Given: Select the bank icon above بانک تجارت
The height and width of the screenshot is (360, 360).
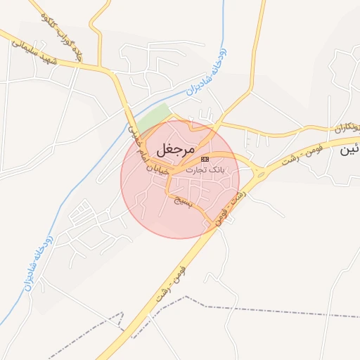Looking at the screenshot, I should tap(205, 160).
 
